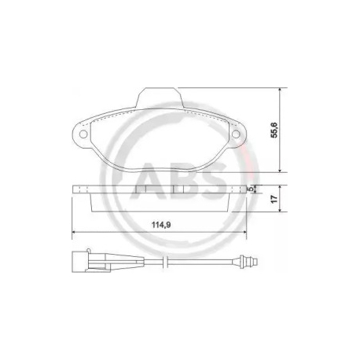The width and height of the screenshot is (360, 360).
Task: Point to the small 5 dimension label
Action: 250,190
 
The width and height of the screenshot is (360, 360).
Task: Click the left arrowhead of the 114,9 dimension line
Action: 73,233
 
